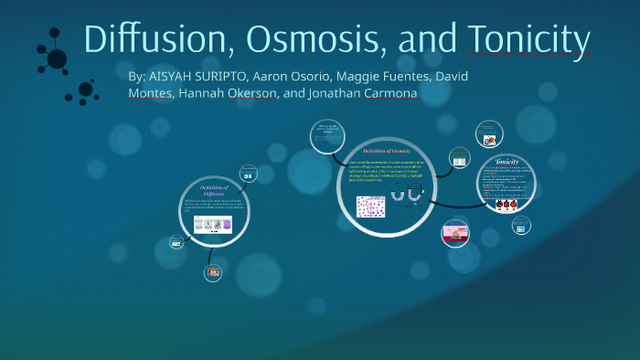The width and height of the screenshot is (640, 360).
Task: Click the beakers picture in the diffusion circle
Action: click(211, 224)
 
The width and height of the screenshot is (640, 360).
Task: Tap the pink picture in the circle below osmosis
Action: click(454, 234)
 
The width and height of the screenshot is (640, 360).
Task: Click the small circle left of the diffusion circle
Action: click(176, 242)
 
